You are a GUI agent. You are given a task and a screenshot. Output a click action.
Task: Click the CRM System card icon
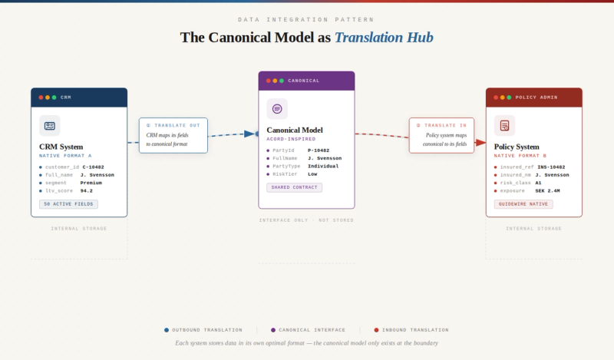(50, 125)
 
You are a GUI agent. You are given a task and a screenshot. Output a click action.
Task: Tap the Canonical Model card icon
(277, 108)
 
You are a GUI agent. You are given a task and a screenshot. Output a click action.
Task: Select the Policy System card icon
(504, 125)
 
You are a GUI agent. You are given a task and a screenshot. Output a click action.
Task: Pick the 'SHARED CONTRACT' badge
(294, 187)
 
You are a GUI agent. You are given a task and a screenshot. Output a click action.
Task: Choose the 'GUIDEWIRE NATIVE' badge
(523, 204)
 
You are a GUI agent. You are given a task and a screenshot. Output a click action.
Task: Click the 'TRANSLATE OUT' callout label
(173, 125)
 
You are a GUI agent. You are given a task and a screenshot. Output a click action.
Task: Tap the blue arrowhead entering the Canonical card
(250, 134)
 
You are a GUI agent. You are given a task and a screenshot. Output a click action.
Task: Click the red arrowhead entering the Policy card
(480, 142)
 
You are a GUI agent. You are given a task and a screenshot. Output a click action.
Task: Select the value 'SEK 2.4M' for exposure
(549, 190)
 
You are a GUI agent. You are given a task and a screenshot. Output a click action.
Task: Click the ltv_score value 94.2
(86, 190)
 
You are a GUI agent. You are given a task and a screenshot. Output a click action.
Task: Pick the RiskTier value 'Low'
(312, 173)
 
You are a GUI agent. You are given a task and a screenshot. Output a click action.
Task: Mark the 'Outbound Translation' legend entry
(203, 329)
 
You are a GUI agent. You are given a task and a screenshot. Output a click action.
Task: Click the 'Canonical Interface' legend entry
(308, 329)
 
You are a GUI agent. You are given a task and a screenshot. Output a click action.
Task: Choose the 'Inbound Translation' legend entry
(411, 329)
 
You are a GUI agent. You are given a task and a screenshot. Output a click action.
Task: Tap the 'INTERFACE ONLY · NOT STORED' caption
(306, 220)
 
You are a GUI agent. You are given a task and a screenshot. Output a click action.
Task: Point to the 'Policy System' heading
(517, 147)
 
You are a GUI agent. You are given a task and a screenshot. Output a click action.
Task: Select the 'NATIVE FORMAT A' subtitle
(65, 156)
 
